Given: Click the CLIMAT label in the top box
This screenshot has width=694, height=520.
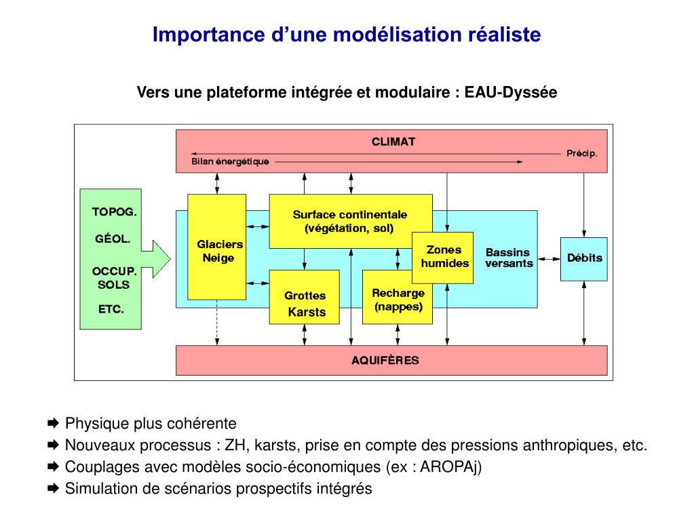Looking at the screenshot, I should pos(393,142).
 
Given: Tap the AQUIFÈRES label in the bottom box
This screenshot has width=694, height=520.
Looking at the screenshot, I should pos(385,360).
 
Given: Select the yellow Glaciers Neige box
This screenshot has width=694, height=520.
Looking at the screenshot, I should pos(216,247).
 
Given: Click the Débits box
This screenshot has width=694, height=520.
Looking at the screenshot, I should pos(583,258).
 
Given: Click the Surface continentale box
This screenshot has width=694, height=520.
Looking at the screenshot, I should pos(350,221).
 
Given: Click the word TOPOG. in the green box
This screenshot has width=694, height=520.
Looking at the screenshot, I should pos(114,212).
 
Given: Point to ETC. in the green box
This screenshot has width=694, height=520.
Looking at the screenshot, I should pos(111,309).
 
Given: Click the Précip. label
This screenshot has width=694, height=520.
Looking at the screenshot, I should pos(581,153).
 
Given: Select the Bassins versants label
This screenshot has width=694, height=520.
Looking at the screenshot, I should pos(508,258).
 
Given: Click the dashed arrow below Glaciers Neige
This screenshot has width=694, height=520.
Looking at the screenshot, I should pos(216,323).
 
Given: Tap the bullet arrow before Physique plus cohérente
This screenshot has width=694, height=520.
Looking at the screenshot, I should pos(54,424).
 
